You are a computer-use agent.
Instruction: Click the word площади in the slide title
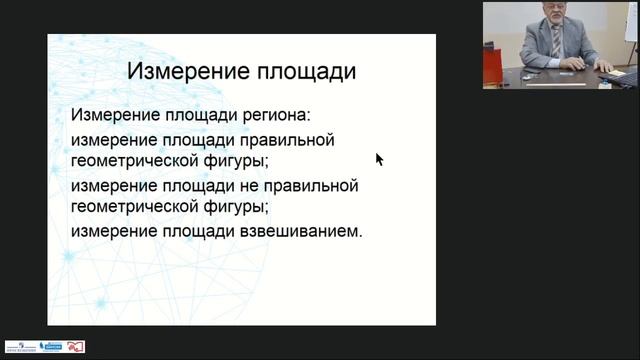(x=304, y=73)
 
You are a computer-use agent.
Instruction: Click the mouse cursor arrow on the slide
(x=379, y=159)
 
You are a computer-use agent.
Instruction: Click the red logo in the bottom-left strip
(x=76, y=347)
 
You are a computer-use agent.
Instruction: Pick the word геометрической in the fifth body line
(x=130, y=208)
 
